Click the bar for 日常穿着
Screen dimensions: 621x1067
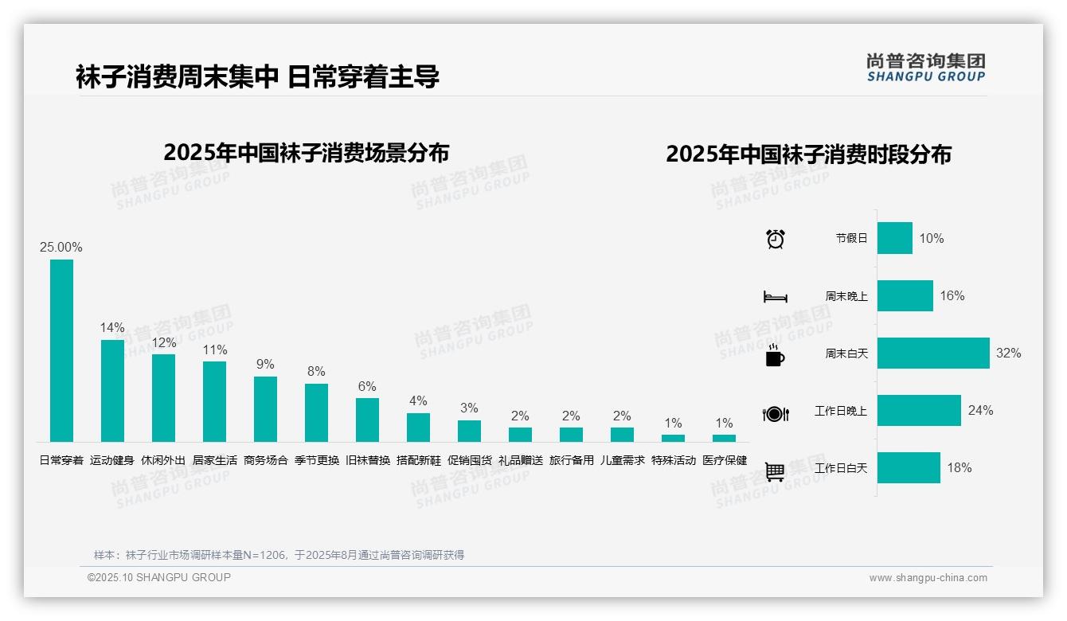coord(61,350)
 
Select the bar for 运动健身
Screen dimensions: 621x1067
coord(112,390)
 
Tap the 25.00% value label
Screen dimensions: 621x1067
coord(61,248)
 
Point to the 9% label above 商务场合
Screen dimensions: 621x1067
coord(265,365)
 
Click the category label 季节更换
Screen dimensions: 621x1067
coord(316,460)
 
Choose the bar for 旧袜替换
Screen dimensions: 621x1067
coord(367,420)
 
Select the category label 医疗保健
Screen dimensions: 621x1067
coord(725,460)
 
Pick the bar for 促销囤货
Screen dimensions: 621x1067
coord(469,431)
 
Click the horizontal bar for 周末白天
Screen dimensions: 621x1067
coord(933,353)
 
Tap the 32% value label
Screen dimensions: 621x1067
coord(1008,353)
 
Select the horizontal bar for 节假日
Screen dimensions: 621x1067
coord(895,238)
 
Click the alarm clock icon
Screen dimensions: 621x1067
coord(776,239)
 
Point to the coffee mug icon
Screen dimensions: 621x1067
coord(775,355)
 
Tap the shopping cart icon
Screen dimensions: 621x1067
coord(775,471)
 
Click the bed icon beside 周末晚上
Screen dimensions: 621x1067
coord(775,297)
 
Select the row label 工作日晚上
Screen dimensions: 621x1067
coord(841,411)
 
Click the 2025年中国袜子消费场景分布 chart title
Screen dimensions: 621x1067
coord(307,152)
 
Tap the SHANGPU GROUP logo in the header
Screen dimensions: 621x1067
coord(925,68)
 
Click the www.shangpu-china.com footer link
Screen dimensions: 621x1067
coord(928,578)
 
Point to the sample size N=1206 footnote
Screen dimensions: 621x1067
coord(279,555)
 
